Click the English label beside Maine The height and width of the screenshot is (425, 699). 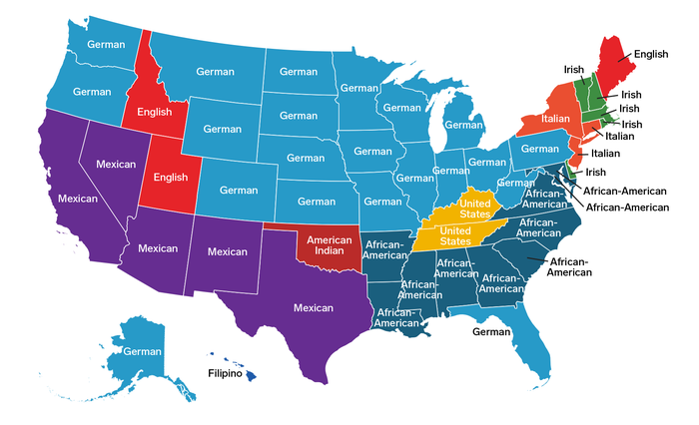650,56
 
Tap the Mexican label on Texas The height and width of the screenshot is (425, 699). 313,308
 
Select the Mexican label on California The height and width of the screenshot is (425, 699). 77,199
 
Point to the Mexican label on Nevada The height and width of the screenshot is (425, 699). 115,163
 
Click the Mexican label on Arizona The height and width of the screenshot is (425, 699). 158,247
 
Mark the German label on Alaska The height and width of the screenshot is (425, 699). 142,351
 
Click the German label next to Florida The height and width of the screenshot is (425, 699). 491,331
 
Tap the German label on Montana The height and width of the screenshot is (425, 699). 214,73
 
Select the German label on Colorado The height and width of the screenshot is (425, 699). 239,190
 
